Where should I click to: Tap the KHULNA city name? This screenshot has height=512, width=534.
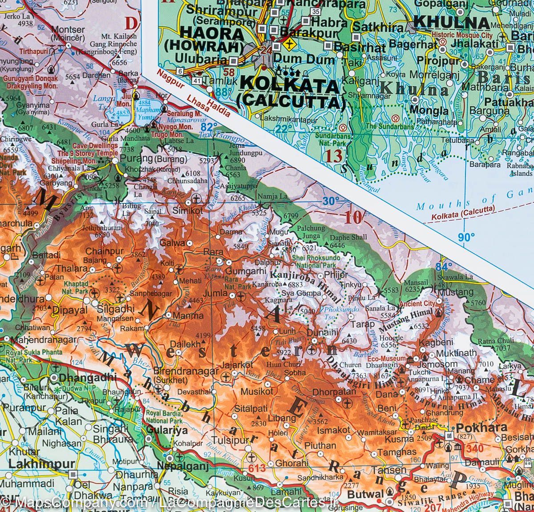(451, 22)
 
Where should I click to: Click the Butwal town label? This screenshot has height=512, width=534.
(365, 494)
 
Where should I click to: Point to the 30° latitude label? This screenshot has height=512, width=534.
(331, 201)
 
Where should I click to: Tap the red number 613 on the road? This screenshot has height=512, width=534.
(257, 468)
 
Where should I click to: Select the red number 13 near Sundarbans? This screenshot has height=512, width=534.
(334, 155)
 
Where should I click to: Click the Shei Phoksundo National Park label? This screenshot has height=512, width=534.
(316, 261)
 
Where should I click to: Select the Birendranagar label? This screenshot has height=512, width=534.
(186, 371)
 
